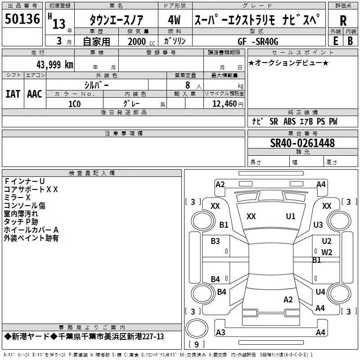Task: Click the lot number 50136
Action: click(22, 19)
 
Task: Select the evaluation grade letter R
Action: click(343, 21)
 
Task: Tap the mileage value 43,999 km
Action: click(54, 65)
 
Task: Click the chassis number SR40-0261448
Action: click(302, 143)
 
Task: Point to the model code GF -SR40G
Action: click(258, 41)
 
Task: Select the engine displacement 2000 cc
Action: click(141, 41)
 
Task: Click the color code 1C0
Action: click(75, 104)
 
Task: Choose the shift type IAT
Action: click(13, 94)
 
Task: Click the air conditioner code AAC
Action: click(35, 94)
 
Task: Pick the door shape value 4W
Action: click(174, 20)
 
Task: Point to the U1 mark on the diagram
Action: click(291, 216)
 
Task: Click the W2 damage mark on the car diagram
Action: click(327, 252)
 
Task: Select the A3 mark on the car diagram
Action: click(220, 332)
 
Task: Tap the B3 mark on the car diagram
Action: click(215, 241)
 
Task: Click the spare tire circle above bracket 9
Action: click(197, 328)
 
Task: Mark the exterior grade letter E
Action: click(335, 41)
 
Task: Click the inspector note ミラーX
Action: click(17, 198)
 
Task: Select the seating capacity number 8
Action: click(188, 85)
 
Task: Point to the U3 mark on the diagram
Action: click(318, 225)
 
